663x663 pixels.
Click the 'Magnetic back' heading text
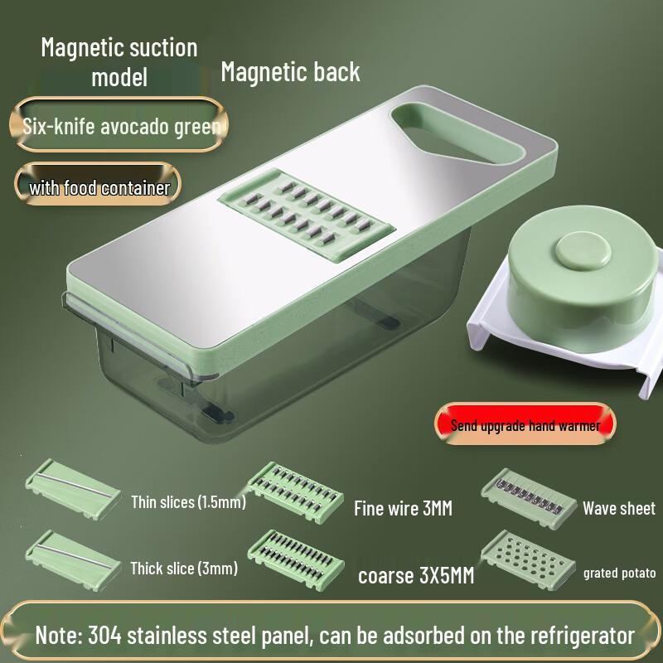(x=290, y=72)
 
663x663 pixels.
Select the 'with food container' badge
(x=99, y=187)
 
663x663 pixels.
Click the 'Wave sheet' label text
(x=618, y=508)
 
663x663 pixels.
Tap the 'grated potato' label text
(x=619, y=573)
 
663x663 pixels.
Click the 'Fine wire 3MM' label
(x=403, y=508)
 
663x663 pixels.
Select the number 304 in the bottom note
(x=110, y=636)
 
